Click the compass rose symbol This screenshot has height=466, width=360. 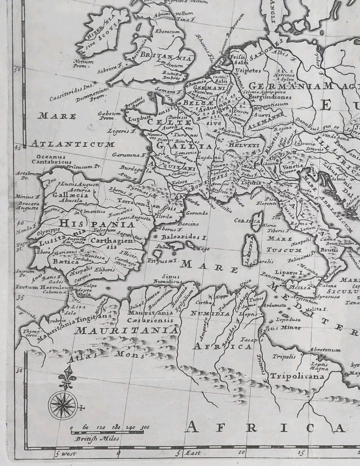pos(63,405)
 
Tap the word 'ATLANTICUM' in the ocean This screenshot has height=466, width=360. pos(73,144)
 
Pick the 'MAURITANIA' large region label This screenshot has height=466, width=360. pos(126,331)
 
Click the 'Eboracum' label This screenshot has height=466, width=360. pos(167,32)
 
